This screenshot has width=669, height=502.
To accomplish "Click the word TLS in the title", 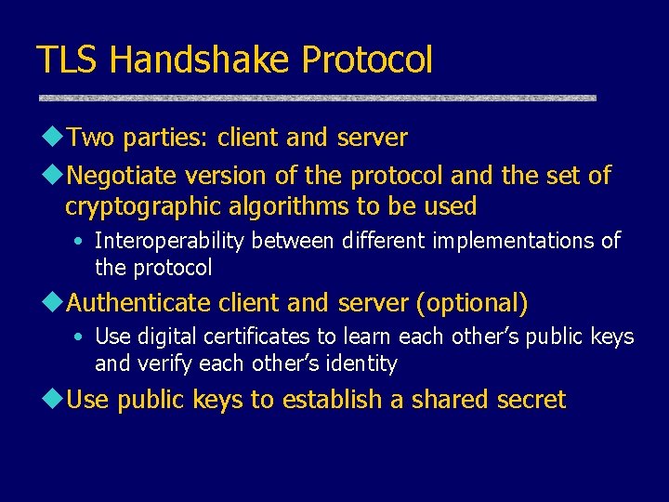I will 68,59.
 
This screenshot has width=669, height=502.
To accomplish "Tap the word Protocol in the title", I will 367,59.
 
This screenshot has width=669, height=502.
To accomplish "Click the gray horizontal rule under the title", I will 317,97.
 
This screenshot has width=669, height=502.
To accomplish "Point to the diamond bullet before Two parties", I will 51,138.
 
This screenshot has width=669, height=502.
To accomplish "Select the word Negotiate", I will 123,175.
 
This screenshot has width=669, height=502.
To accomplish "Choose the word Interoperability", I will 170,241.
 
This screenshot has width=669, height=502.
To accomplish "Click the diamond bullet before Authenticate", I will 51,302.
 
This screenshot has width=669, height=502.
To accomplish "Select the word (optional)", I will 473,303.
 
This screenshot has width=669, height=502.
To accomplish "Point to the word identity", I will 364,363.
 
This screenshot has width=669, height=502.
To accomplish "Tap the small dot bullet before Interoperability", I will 83,242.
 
